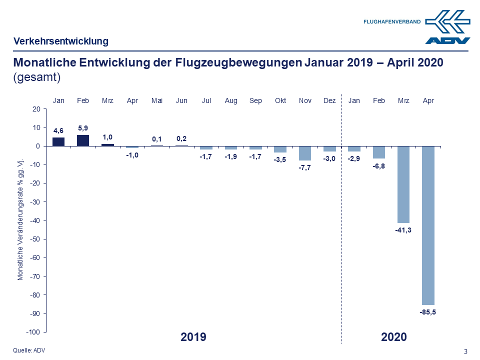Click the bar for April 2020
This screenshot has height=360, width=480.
click(x=428, y=225)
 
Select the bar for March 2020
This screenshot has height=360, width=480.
click(x=403, y=184)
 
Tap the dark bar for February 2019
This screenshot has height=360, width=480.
click(x=83, y=140)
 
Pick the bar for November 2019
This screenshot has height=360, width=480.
click(x=305, y=153)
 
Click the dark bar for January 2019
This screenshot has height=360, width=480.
click(x=58, y=141)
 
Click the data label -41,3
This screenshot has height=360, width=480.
click(x=403, y=230)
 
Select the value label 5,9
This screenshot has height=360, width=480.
click(x=83, y=128)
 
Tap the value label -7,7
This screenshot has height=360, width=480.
click(x=305, y=167)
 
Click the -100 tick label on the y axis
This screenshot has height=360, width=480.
click(x=33, y=332)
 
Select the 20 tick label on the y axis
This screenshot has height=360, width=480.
click(x=36, y=109)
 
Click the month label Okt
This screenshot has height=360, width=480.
click(x=280, y=100)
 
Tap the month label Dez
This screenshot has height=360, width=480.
click(x=329, y=100)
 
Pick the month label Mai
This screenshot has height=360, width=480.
click(x=157, y=100)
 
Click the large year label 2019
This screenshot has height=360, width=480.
click(x=193, y=337)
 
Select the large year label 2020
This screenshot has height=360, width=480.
click(x=394, y=337)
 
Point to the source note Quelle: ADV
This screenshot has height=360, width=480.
click(x=29, y=350)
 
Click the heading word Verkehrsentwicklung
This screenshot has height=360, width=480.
click(x=61, y=41)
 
